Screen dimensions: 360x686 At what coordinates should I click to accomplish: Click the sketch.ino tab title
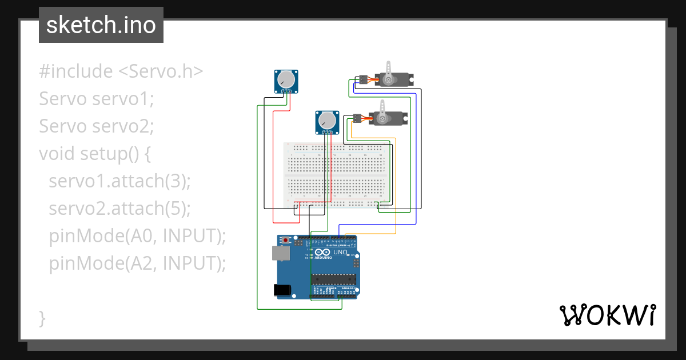pos(101,25)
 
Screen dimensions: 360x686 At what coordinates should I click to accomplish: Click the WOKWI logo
pos(607,315)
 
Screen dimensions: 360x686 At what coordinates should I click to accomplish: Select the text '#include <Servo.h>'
pos(121,71)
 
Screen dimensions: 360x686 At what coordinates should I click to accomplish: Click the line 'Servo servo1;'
pos(97,99)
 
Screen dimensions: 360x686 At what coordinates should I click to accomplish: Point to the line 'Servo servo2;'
pos(97,126)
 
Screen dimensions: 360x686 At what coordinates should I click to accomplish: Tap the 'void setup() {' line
pos(95,154)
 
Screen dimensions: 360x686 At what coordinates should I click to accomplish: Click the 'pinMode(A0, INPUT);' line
pos(137,235)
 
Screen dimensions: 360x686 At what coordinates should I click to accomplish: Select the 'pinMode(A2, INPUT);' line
pos(137,263)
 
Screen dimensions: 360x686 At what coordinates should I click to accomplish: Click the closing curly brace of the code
pos(42,318)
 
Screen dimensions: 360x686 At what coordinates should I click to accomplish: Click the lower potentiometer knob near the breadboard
pos(327,121)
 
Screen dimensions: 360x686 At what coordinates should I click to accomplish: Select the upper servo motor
pos(392,79)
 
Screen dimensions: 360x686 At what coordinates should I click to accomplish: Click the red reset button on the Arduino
pos(287,241)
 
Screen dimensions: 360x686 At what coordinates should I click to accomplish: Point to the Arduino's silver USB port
pos(281,253)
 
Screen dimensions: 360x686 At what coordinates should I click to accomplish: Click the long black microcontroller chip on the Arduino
pos(333,279)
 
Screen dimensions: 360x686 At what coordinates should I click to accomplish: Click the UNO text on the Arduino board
pos(340,252)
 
